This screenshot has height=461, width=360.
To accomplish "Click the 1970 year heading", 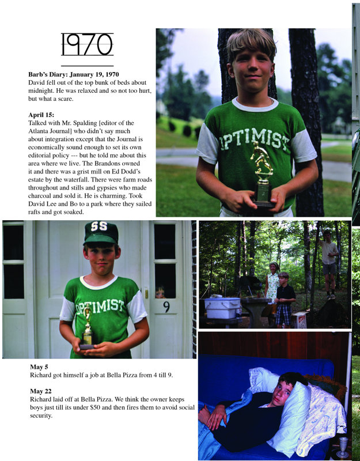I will [x=87, y=44].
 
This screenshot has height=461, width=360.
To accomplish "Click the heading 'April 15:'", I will [x=41, y=115].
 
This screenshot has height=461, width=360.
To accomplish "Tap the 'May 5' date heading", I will [x=40, y=366].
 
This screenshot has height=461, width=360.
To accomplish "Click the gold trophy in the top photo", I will [x=263, y=173].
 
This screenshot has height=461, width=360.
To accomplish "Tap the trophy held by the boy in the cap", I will [x=88, y=330].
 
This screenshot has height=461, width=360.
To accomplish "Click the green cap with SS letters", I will [x=101, y=232].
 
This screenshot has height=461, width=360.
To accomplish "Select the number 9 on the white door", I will [x=166, y=307].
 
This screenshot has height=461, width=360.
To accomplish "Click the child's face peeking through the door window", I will [x=160, y=293].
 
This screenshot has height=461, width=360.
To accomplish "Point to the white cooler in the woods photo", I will [x=222, y=307].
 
